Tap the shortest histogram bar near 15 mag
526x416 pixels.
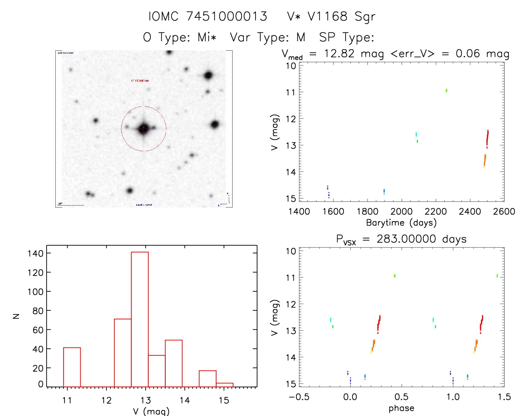pyautogui.click(x=224, y=385)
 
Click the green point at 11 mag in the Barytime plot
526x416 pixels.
pyautogui.click(x=446, y=90)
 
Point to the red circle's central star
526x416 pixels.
pyautogui.click(x=144, y=128)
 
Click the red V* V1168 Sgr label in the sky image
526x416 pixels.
pyautogui.click(x=140, y=81)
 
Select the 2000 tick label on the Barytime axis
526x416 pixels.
pyautogui.click(x=401, y=212)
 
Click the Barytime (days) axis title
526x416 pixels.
pyautogui.click(x=401, y=223)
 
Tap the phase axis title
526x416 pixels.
pyautogui.click(x=401, y=408)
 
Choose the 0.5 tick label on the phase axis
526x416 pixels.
pyautogui.click(x=401, y=397)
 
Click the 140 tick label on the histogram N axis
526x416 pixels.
pyautogui.click(x=35, y=253)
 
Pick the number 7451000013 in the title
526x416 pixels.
pyautogui.click(x=227, y=16)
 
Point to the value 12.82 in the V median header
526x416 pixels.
pyautogui.click(x=339, y=53)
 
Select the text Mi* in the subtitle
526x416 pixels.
pyautogui.click(x=207, y=37)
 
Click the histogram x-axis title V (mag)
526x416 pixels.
pyautogui.click(x=151, y=411)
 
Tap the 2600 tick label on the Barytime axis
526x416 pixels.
pyautogui.click(x=504, y=212)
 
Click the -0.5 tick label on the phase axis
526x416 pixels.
pyautogui.click(x=299, y=397)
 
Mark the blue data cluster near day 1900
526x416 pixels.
pyautogui.click(x=384, y=191)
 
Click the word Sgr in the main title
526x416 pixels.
pyautogui.click(x=365, y=17)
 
